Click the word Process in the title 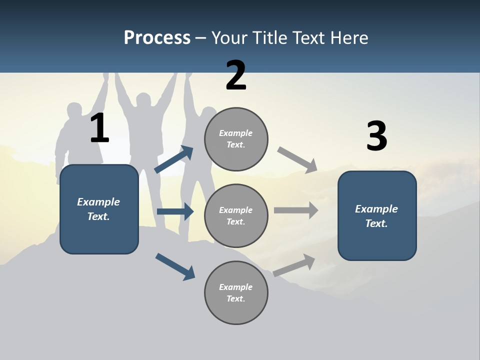tap(157, 38)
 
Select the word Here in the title tap(347, 38)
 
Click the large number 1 tap(99, 128)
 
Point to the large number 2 tap(236, 75)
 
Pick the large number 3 tap(376, 136)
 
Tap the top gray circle tap(236, 139)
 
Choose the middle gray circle tap(236, 216)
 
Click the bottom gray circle tap(236, 293)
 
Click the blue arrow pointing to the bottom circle tap(175, 266)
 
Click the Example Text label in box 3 tap(376, 216)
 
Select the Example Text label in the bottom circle tap(236, 293)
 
